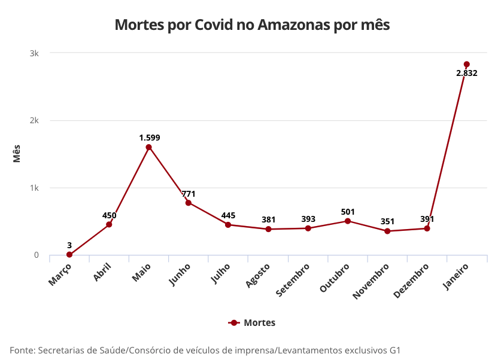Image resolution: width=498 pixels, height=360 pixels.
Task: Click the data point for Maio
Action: (148, 147)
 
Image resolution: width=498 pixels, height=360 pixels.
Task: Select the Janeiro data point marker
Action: (466, 65)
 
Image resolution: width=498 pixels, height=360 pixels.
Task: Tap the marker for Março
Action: (69, 255)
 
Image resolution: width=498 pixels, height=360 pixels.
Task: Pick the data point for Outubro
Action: (347, 221)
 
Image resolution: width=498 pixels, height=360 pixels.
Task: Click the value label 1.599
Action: (150, 138)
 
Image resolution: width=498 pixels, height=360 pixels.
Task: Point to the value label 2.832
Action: (466, 74)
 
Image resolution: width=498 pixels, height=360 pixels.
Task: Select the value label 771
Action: (189, 194)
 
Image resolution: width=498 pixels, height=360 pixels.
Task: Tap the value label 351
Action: (387, 222)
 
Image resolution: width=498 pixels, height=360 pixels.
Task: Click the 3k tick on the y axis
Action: (35, 53)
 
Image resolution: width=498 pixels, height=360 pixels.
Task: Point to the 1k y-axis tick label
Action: (35, 188)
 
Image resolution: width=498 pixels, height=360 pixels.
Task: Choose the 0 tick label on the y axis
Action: (37, 255)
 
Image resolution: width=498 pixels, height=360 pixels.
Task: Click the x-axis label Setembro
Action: (293, 279)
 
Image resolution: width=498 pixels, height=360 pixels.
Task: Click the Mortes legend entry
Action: (252, 323)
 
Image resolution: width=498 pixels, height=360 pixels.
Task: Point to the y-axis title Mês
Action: (17, 154)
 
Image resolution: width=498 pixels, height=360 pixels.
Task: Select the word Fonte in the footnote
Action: (22, 350)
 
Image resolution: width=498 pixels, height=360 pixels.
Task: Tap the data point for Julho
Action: (228, 225)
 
